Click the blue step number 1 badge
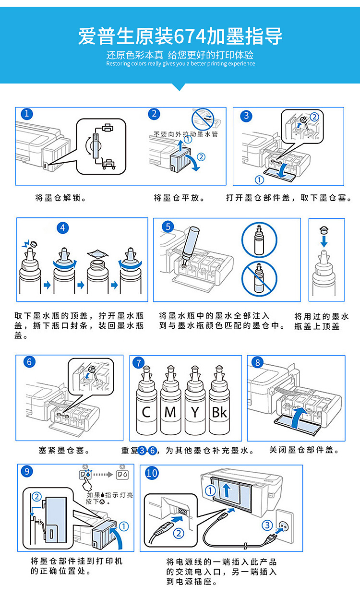click(27, 114)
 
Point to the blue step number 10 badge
click(152, 473)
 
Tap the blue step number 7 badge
click(139, 363)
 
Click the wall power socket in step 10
click(284, 526)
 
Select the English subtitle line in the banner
click(180, 63)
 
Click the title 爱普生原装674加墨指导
click(180, 36)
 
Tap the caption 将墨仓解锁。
click(61, 198)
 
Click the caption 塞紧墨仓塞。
click(64, 451)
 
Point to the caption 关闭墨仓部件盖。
click(304, 450)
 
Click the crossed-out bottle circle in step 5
click(259, 278)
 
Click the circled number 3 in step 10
click(267, 525)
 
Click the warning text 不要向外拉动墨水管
click(186, 134)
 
